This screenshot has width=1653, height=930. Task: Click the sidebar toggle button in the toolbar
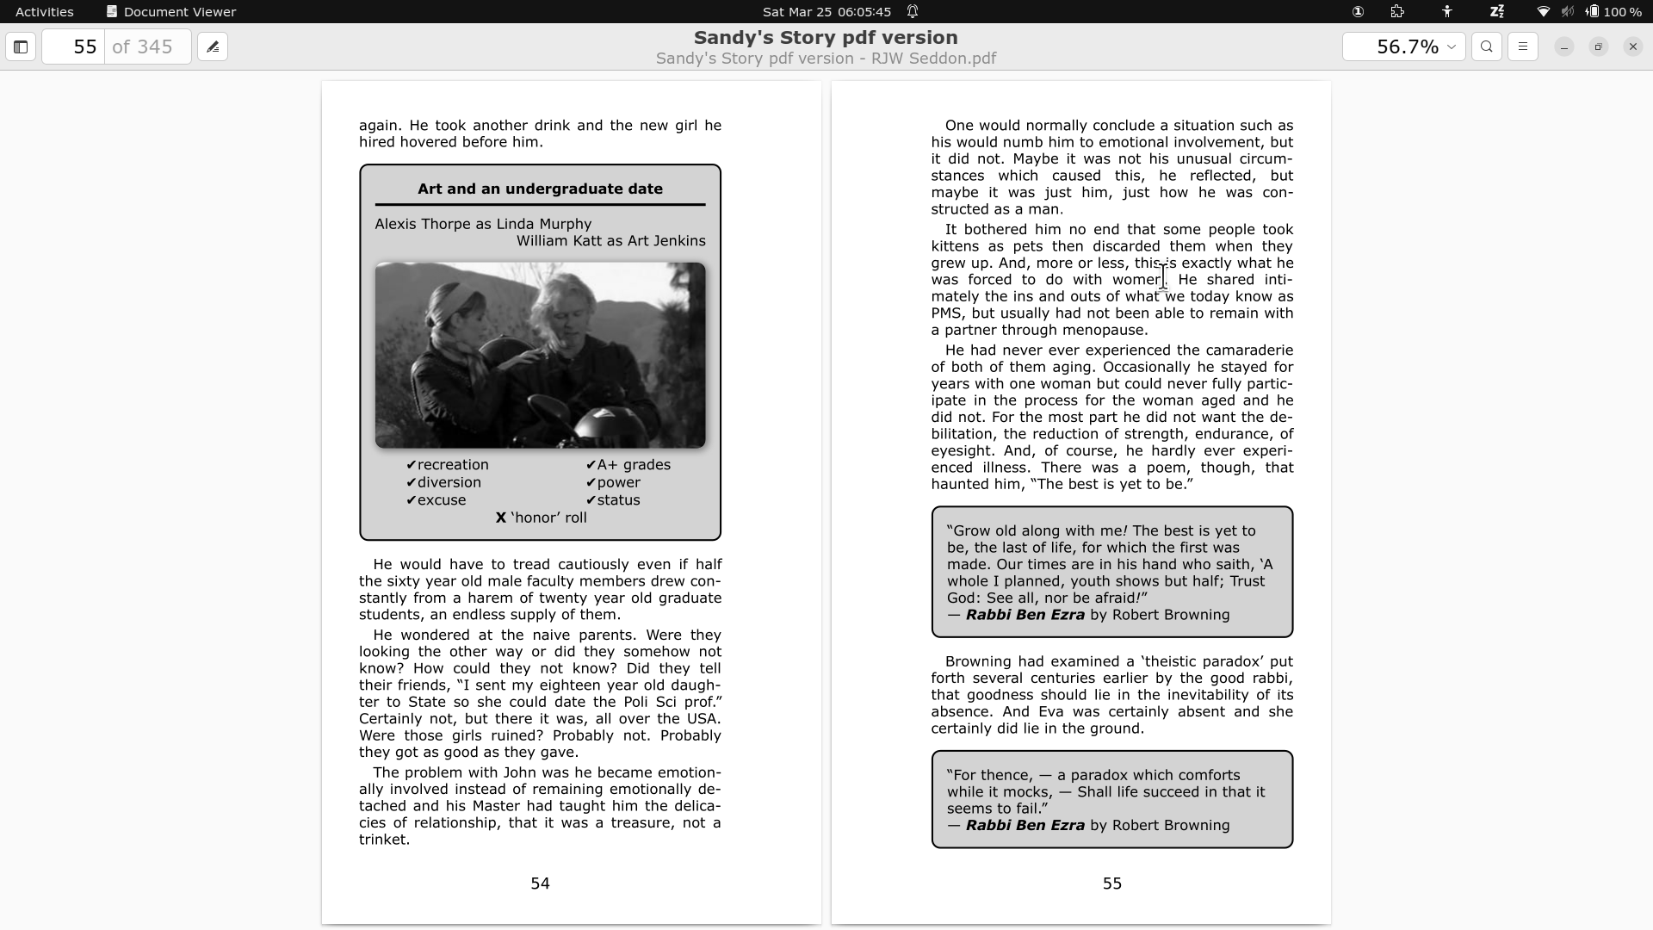click(x=21, y=46)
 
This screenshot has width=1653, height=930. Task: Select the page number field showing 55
click(x=74, y=46)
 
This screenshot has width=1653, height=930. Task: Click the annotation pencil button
click(x=213, y=46)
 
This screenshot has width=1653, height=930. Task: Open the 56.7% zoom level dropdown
click(x=1403, y=46)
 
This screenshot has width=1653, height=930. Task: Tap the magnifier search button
click(x=1487, y=46)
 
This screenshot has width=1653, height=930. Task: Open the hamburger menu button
click(x=1523, y=46)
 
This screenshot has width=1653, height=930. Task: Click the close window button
click(x=1632, y=46)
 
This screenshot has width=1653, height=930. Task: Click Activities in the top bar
click(x=45, y=12)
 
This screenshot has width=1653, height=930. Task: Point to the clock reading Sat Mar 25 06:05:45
click(x=826, y=12)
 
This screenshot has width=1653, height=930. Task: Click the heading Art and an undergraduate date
click(x=540, y=189)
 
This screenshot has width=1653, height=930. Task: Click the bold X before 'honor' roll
click(x=500, y=518)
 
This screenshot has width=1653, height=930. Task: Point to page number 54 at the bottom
click(x=540, y=883)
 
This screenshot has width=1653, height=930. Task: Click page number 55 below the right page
click(x=1111, y=883)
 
